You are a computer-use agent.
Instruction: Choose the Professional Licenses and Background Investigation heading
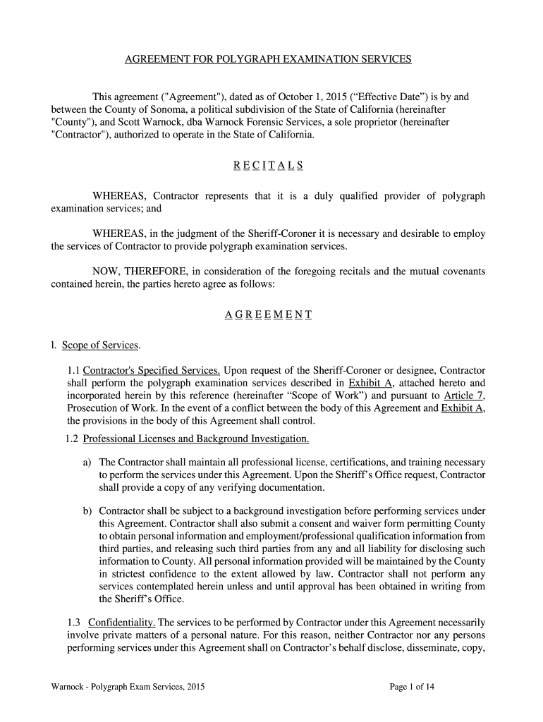pos(196,439)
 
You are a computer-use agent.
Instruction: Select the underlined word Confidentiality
pos(121,623)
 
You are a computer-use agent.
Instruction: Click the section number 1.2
pos(70,439)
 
